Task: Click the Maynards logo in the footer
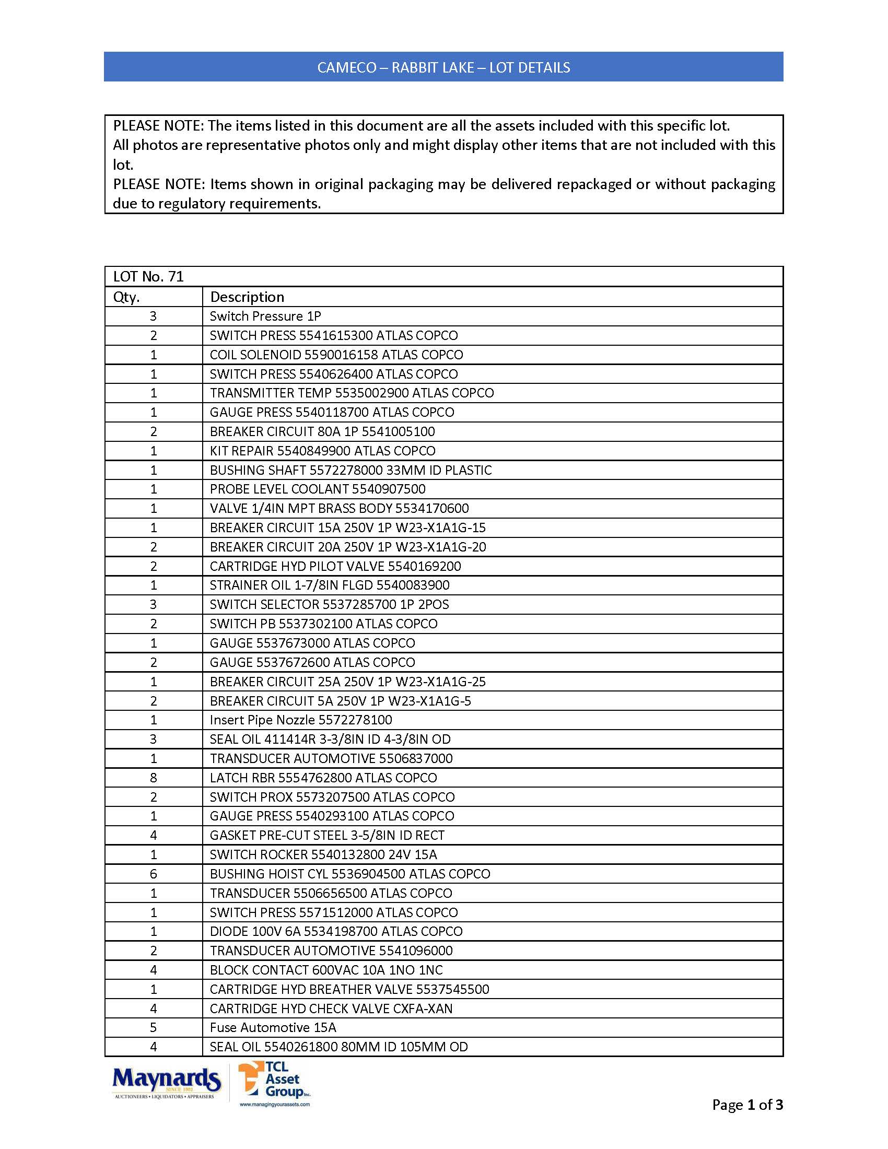(x=166, y=1082)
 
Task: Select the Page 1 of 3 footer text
(x=747, y=1105)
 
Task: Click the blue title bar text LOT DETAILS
(x=529, y=67)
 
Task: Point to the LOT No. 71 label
(x=148, y=277)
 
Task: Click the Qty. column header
(x=126, y=297)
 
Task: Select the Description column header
(x=247, y=297)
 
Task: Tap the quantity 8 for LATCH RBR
(x=154, y=778)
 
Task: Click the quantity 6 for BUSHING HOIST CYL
(x=154, y=874)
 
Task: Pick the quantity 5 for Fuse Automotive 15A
(x=154, y=1027)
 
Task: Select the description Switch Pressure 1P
(x=265, y=316)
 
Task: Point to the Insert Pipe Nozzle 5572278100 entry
(x=301, y=720)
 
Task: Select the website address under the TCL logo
(x=275, y=1104)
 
